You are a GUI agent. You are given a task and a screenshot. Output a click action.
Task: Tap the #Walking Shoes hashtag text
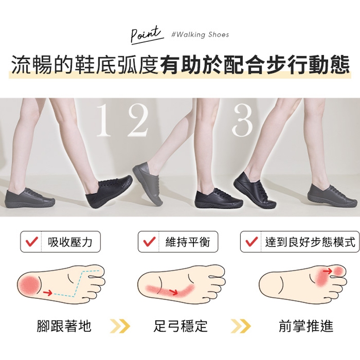(x=200, y=35)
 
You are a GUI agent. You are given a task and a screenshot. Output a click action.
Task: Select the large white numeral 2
(x=137, y=121)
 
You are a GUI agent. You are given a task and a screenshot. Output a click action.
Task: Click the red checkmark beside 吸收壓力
(x=31, y=242)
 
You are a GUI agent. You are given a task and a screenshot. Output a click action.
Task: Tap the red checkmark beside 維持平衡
(x=149, y=242)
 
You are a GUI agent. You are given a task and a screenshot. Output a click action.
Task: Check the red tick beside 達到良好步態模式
(x=252, y=242)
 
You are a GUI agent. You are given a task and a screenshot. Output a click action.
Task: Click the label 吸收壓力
(x=70, y=242)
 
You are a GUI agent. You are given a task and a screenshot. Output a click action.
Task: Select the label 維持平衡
(x=188, y=242)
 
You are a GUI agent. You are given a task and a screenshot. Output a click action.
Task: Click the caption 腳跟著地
(x=64, y=326)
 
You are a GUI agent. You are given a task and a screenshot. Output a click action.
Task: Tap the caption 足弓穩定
(x=180, y=326)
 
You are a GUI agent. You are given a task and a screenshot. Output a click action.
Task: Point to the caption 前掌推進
(x=306, y=326)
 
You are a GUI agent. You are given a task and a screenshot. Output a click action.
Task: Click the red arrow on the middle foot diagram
(x=173, y=292)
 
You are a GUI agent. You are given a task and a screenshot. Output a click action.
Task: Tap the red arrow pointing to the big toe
(x=328, y=271)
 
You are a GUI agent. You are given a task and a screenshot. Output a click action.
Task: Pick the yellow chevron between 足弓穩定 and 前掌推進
(x=241, y=326)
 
